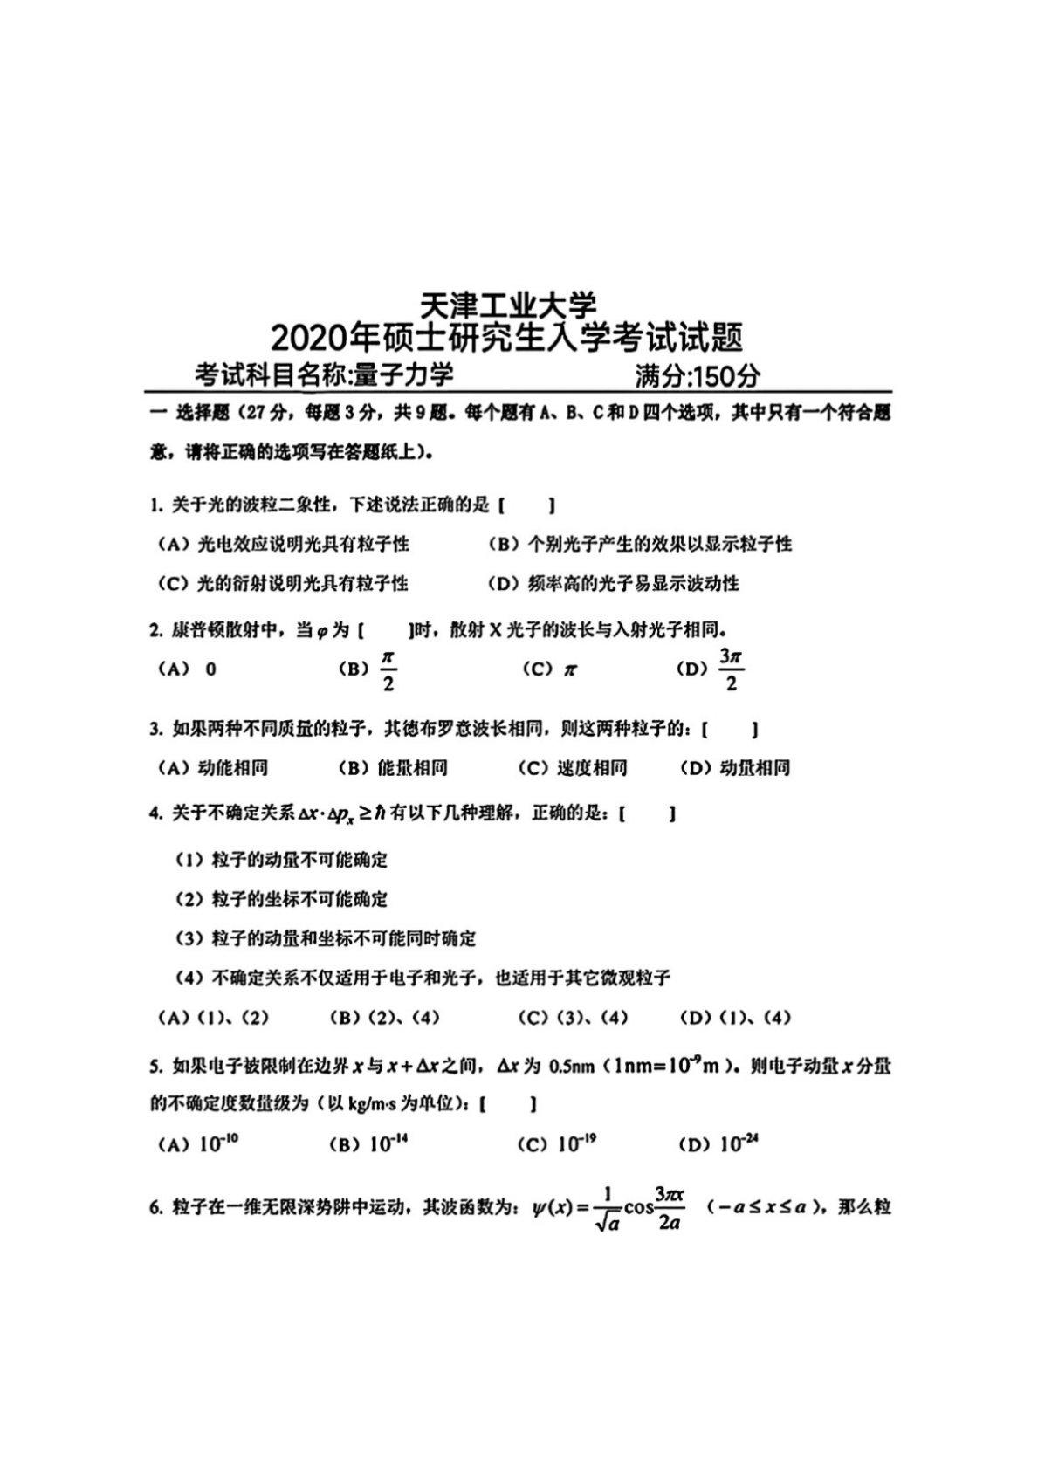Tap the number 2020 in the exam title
(308, 338)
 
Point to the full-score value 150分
(724, 375)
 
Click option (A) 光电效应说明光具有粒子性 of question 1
(283, 544)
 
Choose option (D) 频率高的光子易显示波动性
(613, 583)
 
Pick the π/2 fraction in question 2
(388, 669)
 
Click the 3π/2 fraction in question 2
(731, 669)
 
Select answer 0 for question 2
(210, 669)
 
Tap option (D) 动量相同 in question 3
(734, 768)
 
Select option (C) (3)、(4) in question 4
(573, 1018)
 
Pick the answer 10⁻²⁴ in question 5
(738, 1143)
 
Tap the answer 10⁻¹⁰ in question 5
(218, 1143)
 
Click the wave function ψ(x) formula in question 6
(607, 1209)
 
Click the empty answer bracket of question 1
(527, 505)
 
